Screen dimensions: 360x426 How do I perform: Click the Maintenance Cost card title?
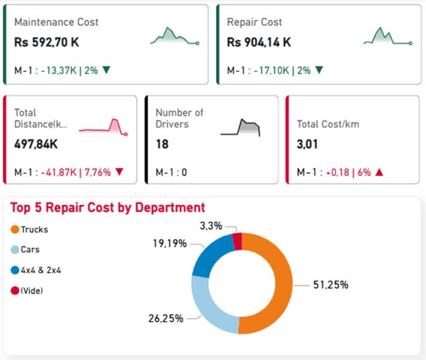coord(56,22)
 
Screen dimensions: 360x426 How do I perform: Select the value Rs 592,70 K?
coord(47,42)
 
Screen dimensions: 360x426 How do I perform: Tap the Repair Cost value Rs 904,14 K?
coord(259,42)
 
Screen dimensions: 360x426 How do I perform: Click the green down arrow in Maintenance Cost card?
coord(106,70)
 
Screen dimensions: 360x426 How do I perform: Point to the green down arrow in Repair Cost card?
coord(319,70)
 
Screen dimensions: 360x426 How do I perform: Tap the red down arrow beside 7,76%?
coord(119,172)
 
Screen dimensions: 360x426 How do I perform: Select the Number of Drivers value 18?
coord(162,144)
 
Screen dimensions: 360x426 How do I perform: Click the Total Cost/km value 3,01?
coord(308,144)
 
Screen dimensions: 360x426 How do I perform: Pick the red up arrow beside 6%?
coord(379,172)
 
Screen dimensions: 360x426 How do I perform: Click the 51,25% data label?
coord(330,285)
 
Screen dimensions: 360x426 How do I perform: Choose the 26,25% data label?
coord(165,319)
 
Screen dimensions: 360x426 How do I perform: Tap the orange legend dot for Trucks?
coord(14,229)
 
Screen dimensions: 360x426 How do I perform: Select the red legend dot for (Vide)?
coord(14,290)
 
